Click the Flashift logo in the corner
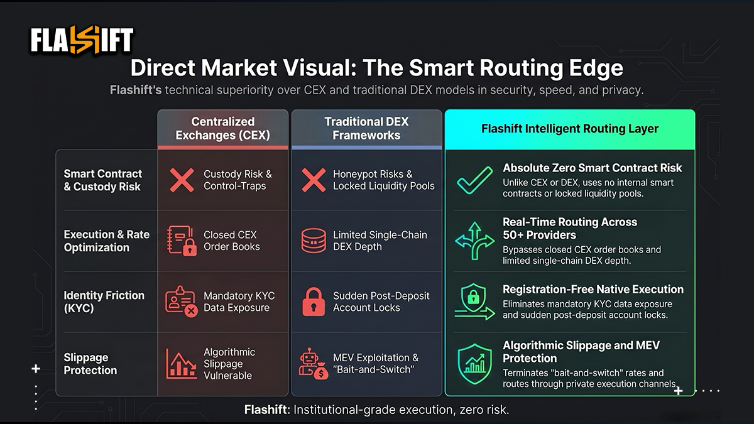pyautogui.click(x=82, y=40)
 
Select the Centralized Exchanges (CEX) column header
pyautogui.click(x=223, y=129)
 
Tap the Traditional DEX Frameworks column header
pyautogui.click(x=366, y=129)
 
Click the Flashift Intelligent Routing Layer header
pyautogui.click(x=570, y=129)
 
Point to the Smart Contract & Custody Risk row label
pyautogui.click(x=102, y=180)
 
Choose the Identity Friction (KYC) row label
pyautogui.click(x=104, y=302)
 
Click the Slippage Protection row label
pyautogui.click(x=90, y=364)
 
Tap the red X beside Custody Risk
pyautogui.click(x=182, y=180)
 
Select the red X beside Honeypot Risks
pyautogui.click(x=314, y=180)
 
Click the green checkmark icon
pyautogui.click(x=474, y=181)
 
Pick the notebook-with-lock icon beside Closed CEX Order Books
pyautogui.click(x=182, y=241)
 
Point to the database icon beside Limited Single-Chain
pyautogui.click(x=314, y=241)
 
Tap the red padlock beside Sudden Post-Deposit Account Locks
pyautogui.click(x=314, y=302)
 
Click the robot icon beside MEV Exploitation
pyautogui.click(x=313, y=364)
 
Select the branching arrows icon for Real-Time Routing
pyautogui.click(x=474, y=241)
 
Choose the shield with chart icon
pyautogui.click(x=474, y=364)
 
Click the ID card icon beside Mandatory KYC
pyautogui.click(x=182, y=302)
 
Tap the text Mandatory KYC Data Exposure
pyautogui.click(x=239, y=302)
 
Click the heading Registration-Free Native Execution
pyautogui.click(x=593, y=290)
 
